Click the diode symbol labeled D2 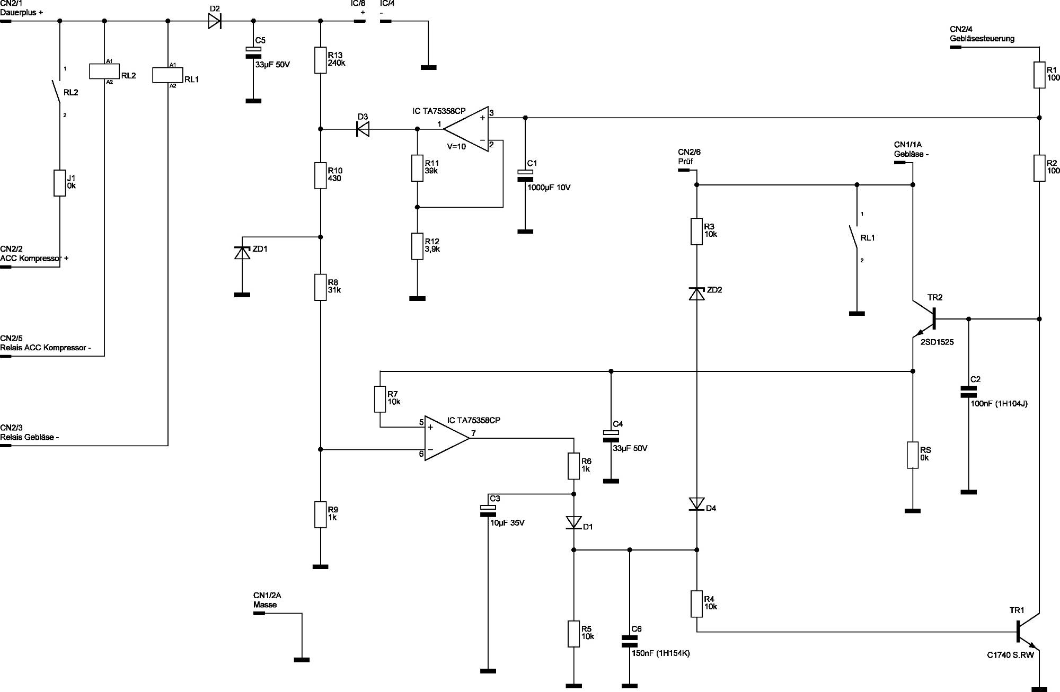tap(215, 21)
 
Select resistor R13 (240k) tap(320, 60)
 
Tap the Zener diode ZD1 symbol tap(242, 253)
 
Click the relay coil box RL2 tap(104, 72)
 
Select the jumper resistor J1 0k tap(59, 183)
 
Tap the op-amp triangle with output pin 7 tap(445, 438)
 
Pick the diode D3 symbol tap(363, 129)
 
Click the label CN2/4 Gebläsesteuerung tap(982, 34)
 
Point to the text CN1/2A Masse tap(267, 600)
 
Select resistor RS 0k tap(912, 455)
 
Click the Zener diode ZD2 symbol tap(696, 293)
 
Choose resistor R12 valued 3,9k tap(418, 246)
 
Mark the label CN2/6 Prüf tap(689, 157)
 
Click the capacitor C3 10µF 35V tap(488, 511)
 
